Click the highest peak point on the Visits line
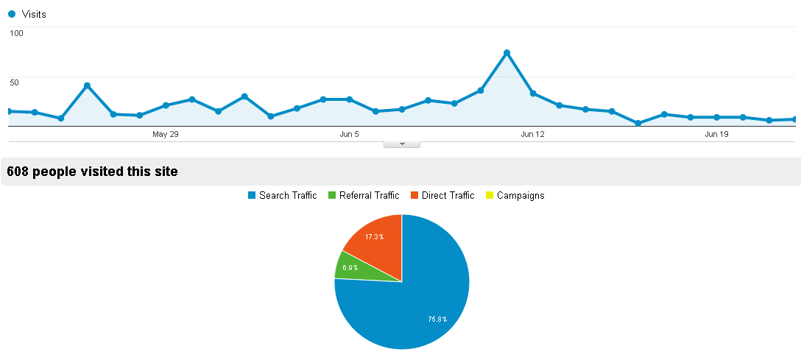507,53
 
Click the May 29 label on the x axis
166,134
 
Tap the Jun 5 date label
349,134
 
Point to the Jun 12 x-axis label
532,134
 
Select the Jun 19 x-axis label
716,134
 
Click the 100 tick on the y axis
16,33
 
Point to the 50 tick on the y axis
14,82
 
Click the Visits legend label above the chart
34,14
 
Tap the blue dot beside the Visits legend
12,14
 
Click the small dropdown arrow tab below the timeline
402,144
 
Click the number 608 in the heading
18,172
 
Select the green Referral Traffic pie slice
350,267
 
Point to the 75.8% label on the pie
437,319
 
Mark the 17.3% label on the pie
374,236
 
